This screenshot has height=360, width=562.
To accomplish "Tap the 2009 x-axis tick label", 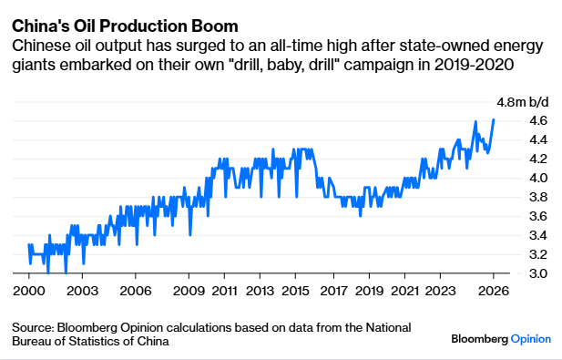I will pyautogui.click(x=189, y=292).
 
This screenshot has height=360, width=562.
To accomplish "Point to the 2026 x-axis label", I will pyautogui.click(x=493, y=292).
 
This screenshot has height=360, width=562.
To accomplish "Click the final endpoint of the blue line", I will pyautogui.click(x=494, y=119).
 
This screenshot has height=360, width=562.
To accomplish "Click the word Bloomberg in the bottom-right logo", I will pyautogui.click(x=479, y=338).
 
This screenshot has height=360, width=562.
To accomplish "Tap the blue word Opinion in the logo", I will pyautogui.click(x=530, y=338).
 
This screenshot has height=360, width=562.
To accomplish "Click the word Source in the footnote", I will pyautogui.click(x=34, y=327).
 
